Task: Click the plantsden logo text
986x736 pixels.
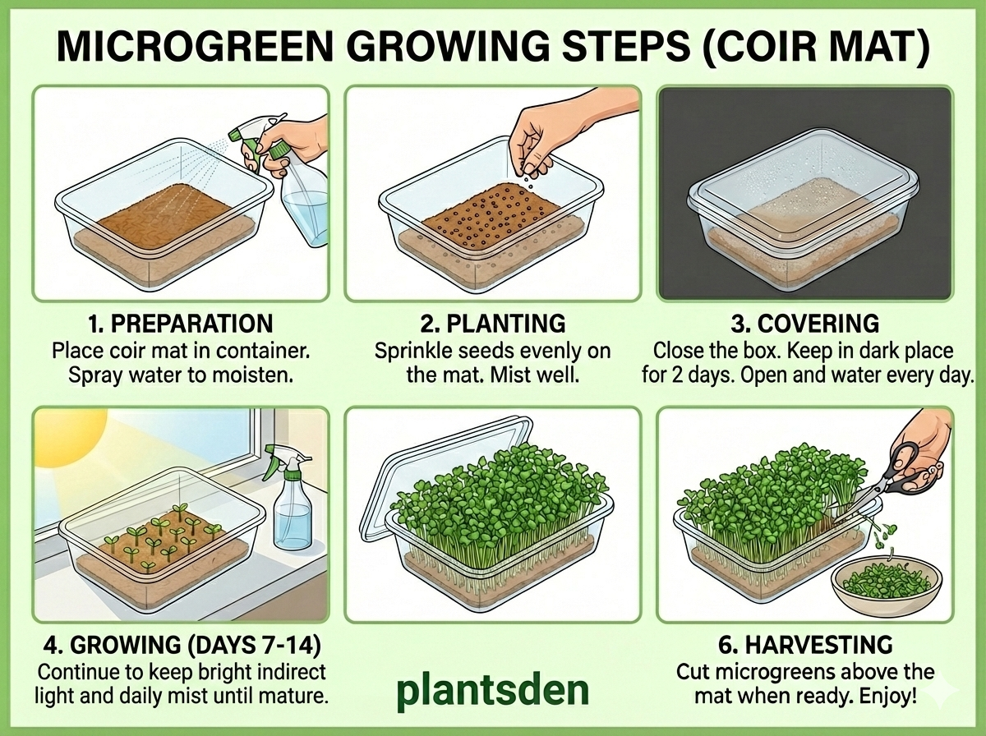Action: (492, 692)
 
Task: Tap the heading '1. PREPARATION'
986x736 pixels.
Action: (182, 322)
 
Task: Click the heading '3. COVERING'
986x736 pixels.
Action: (806, 322)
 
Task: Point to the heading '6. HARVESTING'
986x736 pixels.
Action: (806, 644)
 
